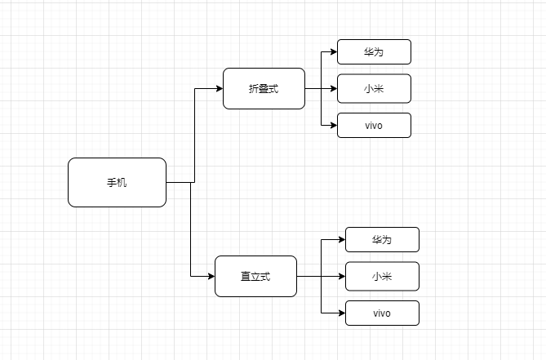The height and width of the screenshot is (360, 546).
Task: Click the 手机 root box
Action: tap(117, 182)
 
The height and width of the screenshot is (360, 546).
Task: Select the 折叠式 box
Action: tap(264, 88)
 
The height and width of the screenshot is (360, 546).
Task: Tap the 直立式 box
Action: tap(255, 276)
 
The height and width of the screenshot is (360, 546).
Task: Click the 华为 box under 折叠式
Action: tap(374, 51)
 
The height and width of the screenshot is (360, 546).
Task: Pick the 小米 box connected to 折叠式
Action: tap(374, 88)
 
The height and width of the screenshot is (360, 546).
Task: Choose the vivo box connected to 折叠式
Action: tap(374, 125)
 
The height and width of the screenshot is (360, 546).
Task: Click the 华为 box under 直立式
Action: tap(382, 239)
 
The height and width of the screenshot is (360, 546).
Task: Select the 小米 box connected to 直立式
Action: tap(382, 276)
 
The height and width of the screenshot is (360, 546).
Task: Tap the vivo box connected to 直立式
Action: tap(382, 313)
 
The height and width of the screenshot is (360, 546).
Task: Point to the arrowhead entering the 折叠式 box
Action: tap(219, 88)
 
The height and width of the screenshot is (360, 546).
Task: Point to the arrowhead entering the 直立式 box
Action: tap(211, 276)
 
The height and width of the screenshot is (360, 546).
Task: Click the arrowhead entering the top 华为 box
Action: tap(333, 51)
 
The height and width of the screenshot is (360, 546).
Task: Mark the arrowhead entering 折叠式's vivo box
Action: tap(333, 125)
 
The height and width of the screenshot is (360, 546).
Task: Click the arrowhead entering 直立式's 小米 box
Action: tap(341, 276)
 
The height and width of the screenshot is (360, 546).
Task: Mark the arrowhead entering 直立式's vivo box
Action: tap(341, 313)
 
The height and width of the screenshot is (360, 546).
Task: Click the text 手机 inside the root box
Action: tap(117, 182)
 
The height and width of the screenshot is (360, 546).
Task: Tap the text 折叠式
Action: tap(264, 88)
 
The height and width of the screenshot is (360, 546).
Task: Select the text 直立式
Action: tap(255, 276)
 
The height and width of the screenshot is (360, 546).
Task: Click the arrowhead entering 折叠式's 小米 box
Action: tap(333, 88)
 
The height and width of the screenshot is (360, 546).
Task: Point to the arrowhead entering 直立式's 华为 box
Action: tap(341, 239)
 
